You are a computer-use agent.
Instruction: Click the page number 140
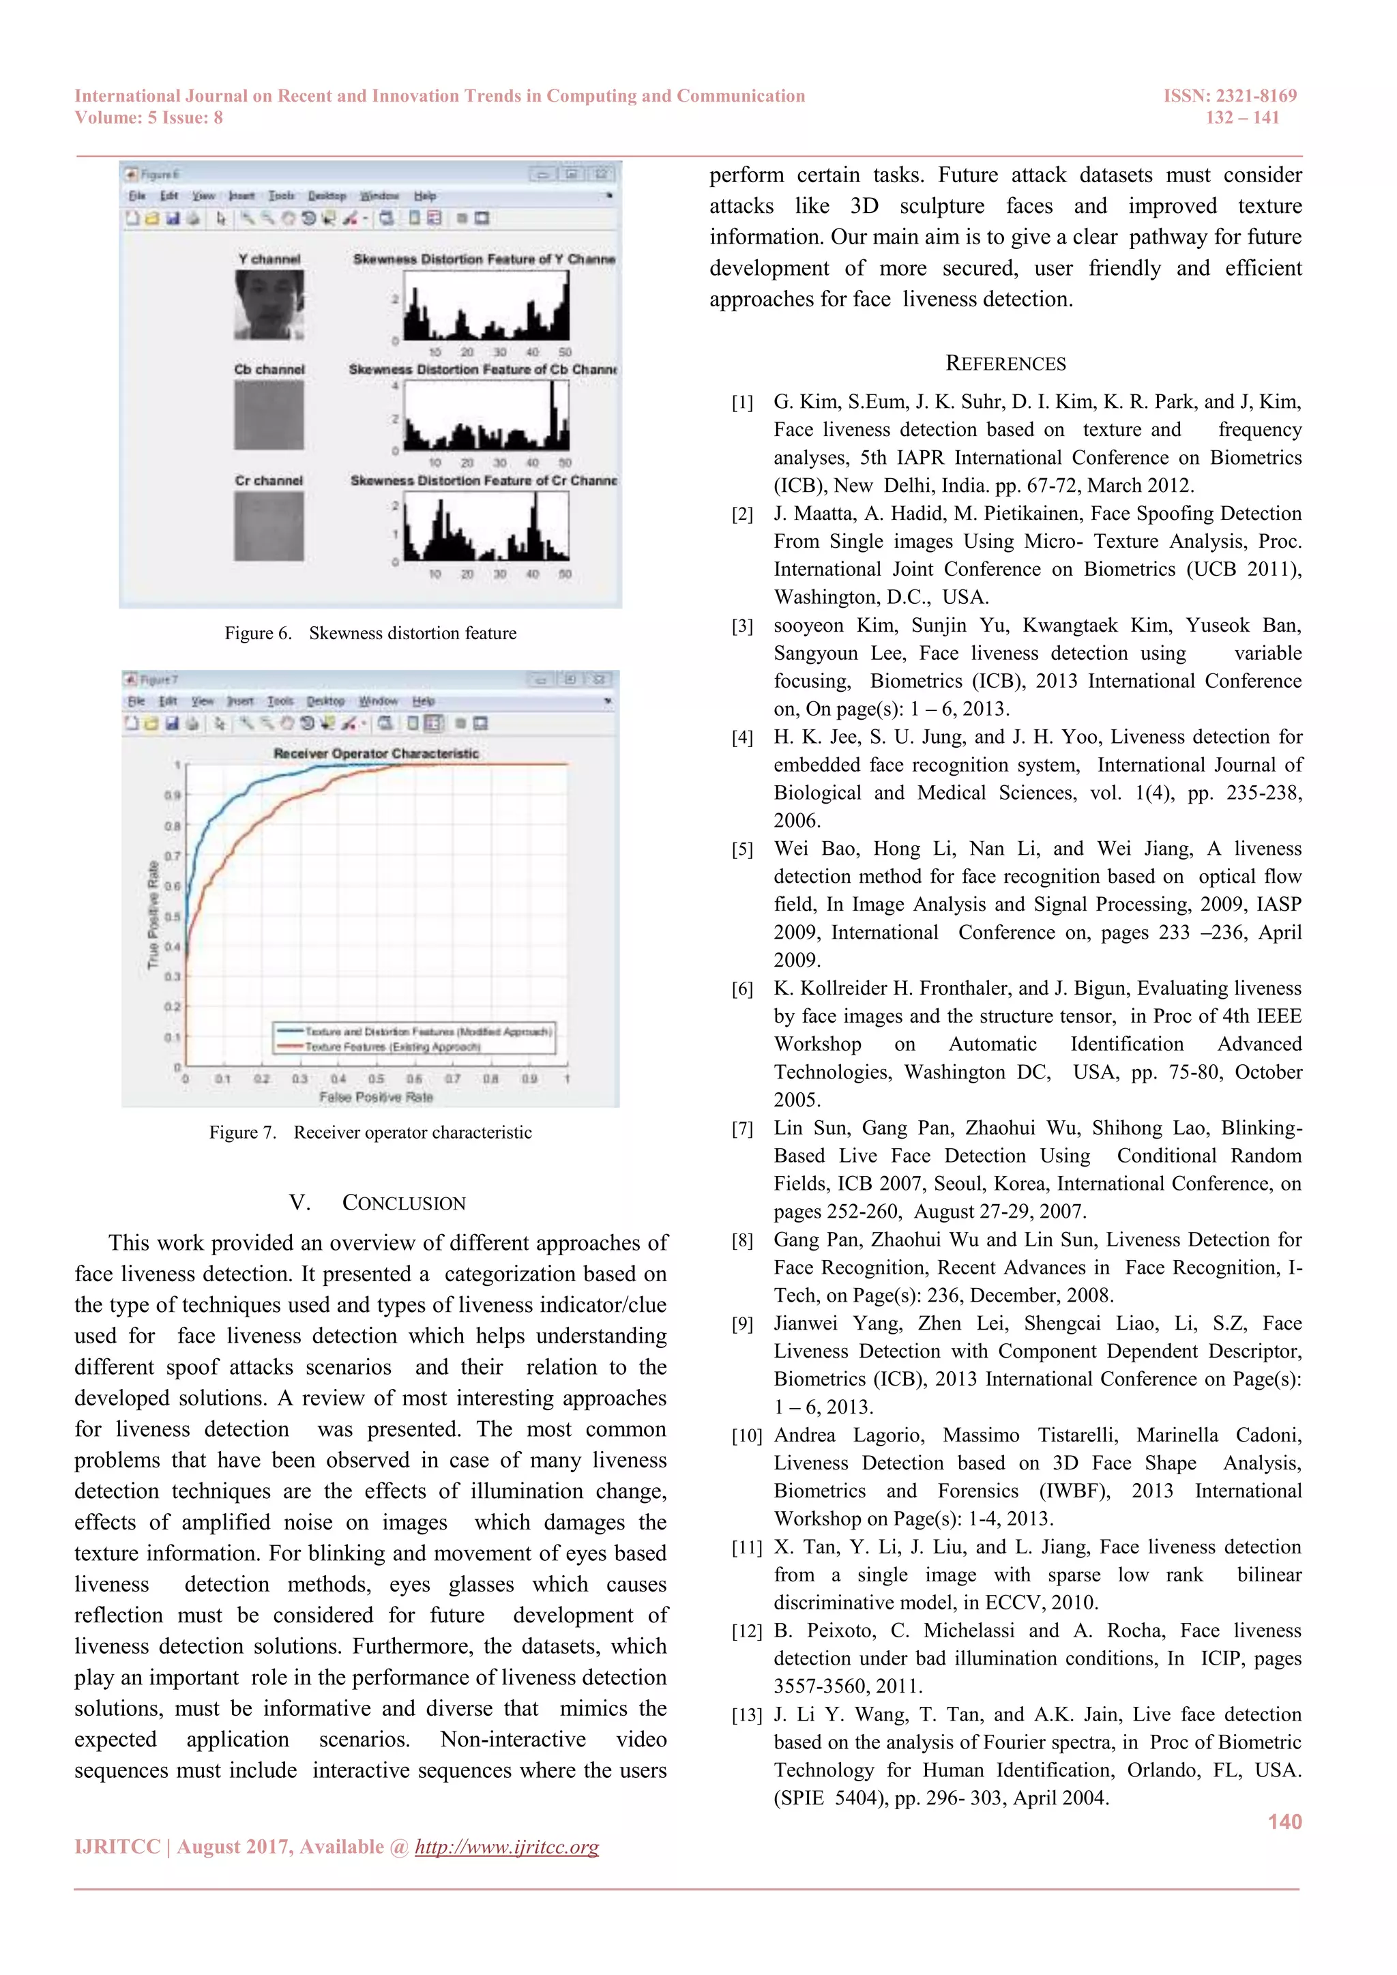pos(1284,1822)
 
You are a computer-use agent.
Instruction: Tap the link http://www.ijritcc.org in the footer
pos(507,1847)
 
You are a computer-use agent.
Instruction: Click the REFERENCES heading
pos(1005,363)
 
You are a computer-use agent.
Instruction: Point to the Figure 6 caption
pos(371,633)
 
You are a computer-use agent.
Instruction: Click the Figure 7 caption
pos(371,1132)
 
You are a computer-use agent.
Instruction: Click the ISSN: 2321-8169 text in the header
pos(1229,96)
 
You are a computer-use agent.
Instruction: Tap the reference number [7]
pos(742,1128)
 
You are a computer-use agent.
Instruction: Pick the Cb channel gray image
pos(269,415)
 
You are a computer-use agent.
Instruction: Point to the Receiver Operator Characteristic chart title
pos(376,754)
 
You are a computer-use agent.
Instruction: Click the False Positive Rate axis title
pos(376,1097)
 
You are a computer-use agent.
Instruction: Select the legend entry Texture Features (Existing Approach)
pos(392,1047)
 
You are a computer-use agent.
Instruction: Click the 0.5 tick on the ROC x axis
pos(376,1079)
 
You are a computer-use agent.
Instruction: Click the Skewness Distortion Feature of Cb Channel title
pos(482,369)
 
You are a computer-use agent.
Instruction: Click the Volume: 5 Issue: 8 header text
pos(149,118)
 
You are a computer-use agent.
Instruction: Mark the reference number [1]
pos(742,403)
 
